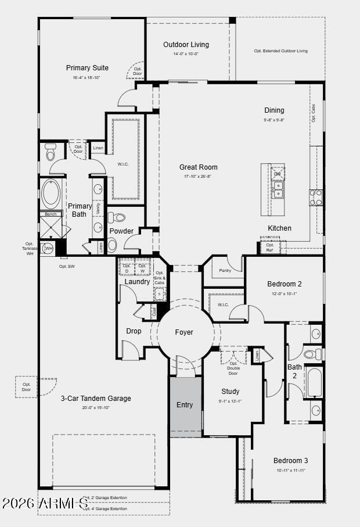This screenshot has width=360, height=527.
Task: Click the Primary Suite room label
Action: tap(87, 68)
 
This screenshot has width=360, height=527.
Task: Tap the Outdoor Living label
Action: tap(186, 45)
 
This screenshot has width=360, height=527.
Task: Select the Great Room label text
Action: tap(198, 167)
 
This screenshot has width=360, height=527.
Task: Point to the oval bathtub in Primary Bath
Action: tap(51, 194)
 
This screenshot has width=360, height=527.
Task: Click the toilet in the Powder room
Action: tap(118, 218)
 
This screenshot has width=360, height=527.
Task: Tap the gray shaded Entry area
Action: tap(185, 406)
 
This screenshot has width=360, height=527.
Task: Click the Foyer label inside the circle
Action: tap(184, 332)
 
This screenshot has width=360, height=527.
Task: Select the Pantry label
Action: tap(225, 270)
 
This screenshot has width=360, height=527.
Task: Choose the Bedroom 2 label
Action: tap(284, 284)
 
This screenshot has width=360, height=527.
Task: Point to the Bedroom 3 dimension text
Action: tap(290, 470)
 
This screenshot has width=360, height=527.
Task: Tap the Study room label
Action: tap(230, 392)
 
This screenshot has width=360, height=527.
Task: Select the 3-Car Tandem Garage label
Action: tap(96, 399)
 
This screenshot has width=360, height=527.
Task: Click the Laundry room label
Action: tap(137, 282)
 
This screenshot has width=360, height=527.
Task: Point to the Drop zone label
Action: tap(134, 332)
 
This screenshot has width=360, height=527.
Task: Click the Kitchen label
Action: tap(279, 228)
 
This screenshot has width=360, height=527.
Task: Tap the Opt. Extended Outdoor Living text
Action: tap(280, 51)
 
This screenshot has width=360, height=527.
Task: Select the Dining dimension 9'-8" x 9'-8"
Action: tap(274, 120)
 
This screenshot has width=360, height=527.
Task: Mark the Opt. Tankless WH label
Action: tap(29, 248)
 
